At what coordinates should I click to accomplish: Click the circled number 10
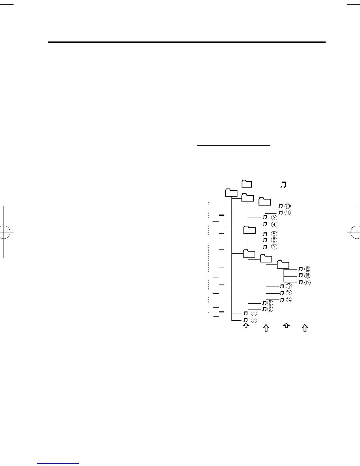(287, 206)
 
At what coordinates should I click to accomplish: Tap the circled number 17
(307, 282)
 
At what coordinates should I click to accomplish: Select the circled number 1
(254, 314)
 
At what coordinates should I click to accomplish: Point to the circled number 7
(274, 247)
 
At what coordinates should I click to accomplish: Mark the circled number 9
(270, 309)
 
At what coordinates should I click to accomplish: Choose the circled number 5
(274, 234)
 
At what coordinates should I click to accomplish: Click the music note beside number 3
(265, 218)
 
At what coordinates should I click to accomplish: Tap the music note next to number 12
(282, 286)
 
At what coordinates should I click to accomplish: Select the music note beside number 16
(301, 276)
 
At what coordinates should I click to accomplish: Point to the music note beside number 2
(246, 320)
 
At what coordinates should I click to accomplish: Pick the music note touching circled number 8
(264, 303)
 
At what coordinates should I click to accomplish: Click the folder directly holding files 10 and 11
(265, 201)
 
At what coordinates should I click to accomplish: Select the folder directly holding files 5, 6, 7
(250, 230)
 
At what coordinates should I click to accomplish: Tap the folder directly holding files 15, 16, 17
(283, 264)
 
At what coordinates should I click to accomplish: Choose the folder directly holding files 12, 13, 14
(266, 258)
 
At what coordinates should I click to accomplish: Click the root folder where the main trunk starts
(231, 192)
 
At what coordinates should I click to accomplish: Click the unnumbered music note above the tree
(283, 185)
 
